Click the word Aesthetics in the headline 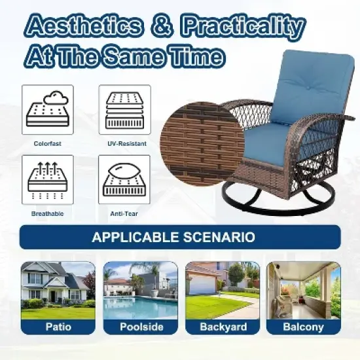tap(82, 27)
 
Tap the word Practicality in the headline tap(243, 27)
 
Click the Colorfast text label tap(47, 143)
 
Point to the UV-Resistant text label tap(124, 143)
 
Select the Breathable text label tap(47, 213)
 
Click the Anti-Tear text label tap(124, 213)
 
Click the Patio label tap(58, 327)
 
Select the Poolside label tap(140, 327)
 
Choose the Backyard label tap(223, 327)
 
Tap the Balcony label tap(303, 327)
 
